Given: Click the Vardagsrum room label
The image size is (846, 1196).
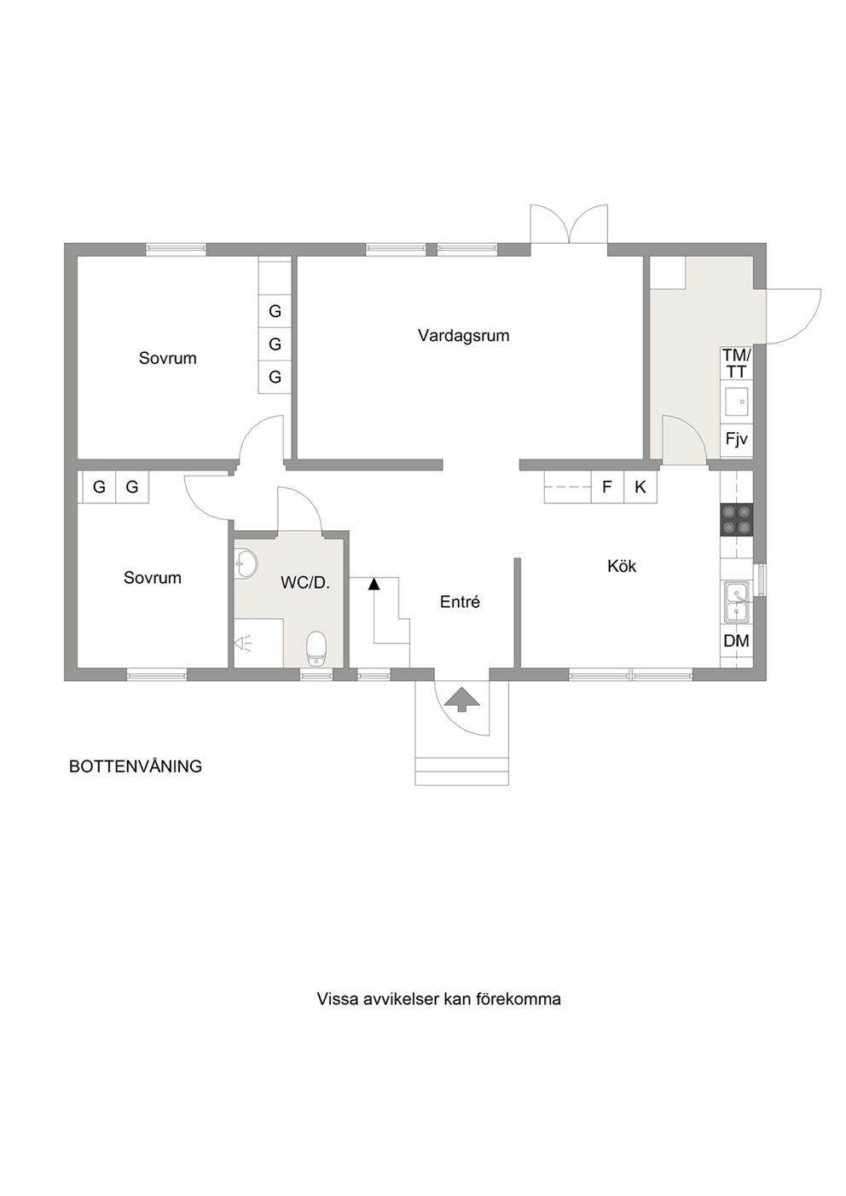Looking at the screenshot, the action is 463,336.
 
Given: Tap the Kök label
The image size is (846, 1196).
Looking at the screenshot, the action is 622,566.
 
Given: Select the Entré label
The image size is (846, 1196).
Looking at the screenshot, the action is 460,602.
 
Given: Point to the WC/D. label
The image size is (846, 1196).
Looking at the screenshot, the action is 305,582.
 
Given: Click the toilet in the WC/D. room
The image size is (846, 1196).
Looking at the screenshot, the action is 316,648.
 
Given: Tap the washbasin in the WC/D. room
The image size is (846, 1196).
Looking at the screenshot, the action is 246,563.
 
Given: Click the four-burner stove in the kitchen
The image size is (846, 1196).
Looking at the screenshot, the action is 737,520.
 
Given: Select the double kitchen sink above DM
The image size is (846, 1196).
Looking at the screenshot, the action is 737,602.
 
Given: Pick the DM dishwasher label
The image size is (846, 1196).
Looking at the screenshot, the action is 737,641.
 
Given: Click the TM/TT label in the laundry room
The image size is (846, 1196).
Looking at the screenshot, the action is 737,363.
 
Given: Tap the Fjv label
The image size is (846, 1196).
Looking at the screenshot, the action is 737,439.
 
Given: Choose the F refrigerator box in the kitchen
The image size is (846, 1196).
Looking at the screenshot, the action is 607,487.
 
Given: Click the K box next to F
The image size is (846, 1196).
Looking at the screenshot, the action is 640,487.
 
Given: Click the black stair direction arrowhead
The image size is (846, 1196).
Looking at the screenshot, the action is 374,584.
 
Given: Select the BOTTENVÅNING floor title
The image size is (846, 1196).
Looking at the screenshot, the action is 136,766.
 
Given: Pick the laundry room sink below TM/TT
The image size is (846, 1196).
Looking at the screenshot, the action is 737,402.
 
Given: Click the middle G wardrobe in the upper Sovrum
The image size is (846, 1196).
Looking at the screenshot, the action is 275,344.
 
